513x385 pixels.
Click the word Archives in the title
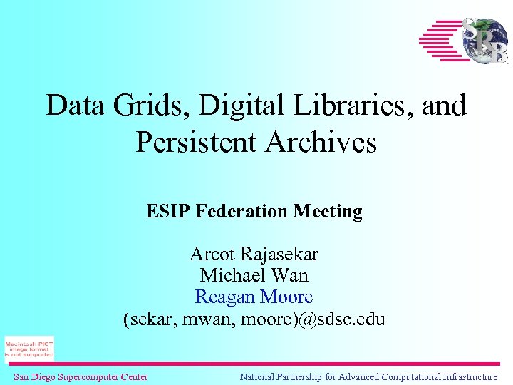click(x=321, y=143)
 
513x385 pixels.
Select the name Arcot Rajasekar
click(x=254, y=254)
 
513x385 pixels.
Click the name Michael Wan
click(x=254, y=275)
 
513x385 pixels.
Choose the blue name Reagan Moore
click(x=254, y=297)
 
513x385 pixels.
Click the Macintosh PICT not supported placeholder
click(x=29, y=349)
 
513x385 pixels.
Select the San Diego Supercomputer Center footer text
click(x=81, y=376)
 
